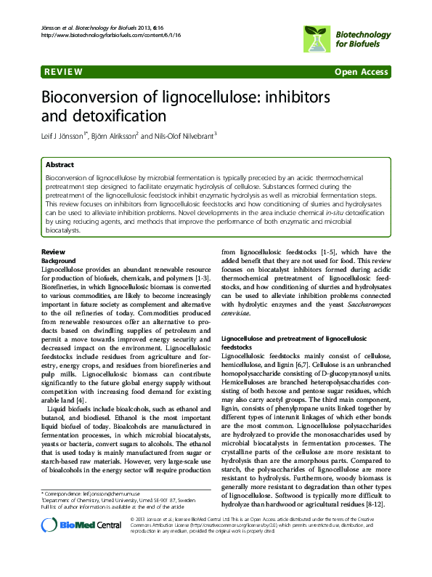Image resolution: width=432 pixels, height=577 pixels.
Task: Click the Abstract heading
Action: point(60,165)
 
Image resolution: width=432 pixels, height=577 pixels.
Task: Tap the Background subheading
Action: point(60,259)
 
